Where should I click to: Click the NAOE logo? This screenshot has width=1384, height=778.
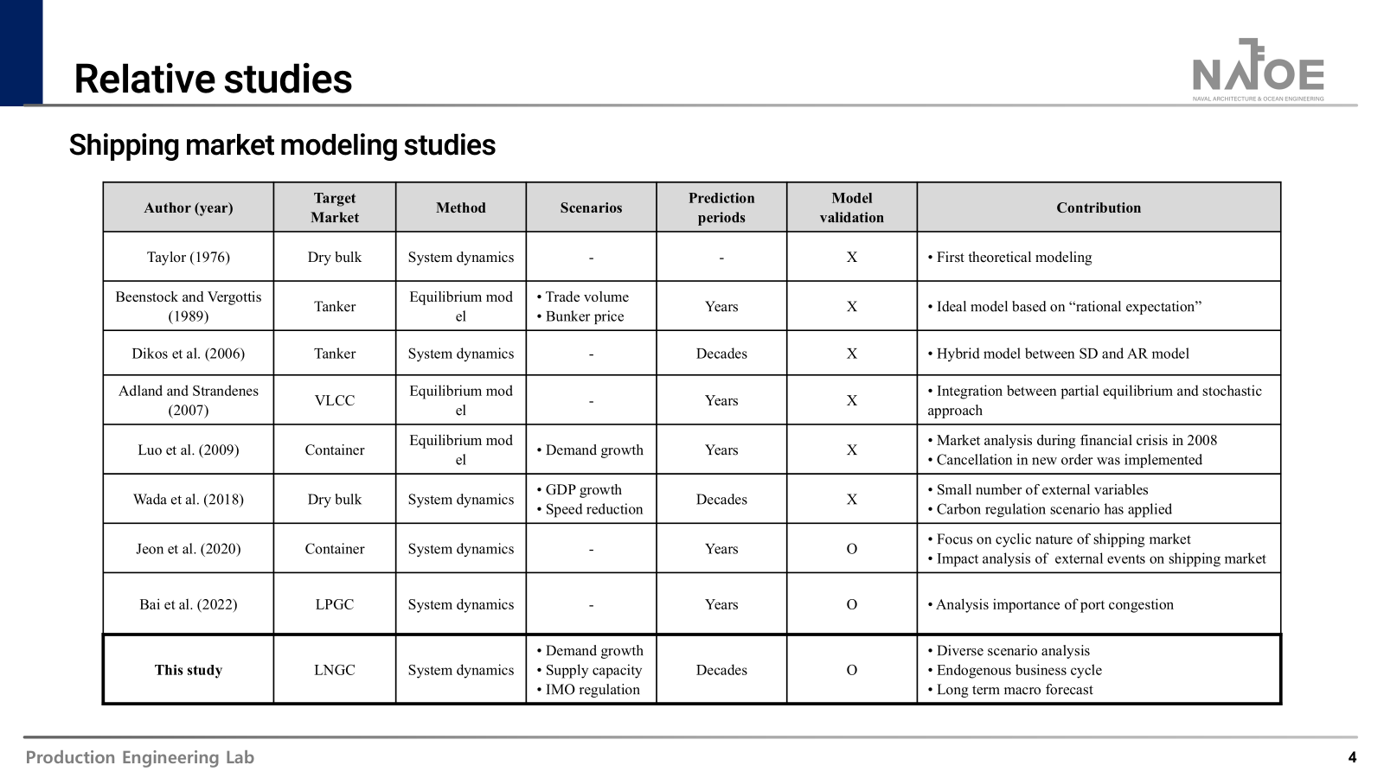[1258, 70]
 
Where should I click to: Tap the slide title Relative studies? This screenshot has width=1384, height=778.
[213, 79]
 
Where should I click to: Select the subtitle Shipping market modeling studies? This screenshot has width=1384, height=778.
[282, 144]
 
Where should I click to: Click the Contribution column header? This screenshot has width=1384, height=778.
[1098, 207]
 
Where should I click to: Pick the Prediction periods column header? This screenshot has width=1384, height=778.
[721, 207]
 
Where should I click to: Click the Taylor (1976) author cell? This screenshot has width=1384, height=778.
[189, 257]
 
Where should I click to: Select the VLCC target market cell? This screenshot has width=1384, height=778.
[335, 400]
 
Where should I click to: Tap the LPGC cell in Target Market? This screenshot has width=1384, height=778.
[335, 604]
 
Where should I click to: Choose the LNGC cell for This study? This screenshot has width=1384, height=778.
[335, 670]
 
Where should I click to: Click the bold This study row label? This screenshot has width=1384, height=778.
[189, 670]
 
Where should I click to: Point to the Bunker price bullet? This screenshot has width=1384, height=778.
[584, 316]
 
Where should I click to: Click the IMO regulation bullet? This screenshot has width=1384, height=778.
[593, 690]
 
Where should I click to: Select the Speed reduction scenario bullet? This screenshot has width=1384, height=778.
[593, 509]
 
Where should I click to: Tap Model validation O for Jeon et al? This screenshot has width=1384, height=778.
[852, 549]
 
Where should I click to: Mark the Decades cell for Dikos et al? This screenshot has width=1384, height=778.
[721, 354]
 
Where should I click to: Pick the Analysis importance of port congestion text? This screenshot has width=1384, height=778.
[1054, 604]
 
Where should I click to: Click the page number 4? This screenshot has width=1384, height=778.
[1352, 758]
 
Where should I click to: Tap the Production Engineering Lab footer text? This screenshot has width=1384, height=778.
[140, 758]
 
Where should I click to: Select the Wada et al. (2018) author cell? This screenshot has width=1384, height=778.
[189, 499]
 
